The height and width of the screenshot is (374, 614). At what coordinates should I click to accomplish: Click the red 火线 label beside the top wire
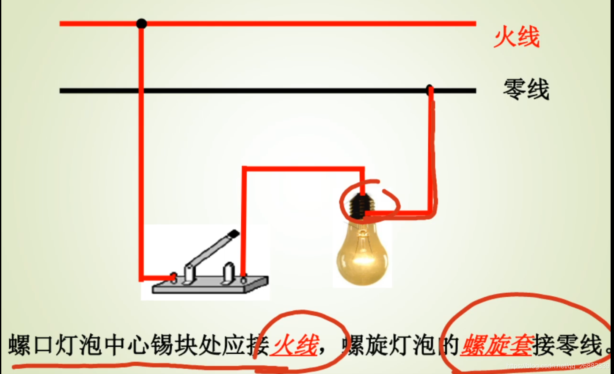coord(517,37)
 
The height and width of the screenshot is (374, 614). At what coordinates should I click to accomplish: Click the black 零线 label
coord(526,89)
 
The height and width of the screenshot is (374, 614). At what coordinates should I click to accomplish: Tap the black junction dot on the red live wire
coord(142,24)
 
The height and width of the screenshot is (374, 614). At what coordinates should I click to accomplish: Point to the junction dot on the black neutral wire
coord(430,89)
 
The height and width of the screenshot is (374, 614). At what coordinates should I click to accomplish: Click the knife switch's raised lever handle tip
coord(233,234)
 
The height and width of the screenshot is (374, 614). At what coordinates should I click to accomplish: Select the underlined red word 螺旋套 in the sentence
coord(496,346)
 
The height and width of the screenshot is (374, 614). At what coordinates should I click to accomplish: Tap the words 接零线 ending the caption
coord(567,346)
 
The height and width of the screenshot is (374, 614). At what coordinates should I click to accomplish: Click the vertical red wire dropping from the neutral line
coord(431,152)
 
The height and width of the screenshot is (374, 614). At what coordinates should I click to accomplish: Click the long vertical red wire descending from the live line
coord(141,152)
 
